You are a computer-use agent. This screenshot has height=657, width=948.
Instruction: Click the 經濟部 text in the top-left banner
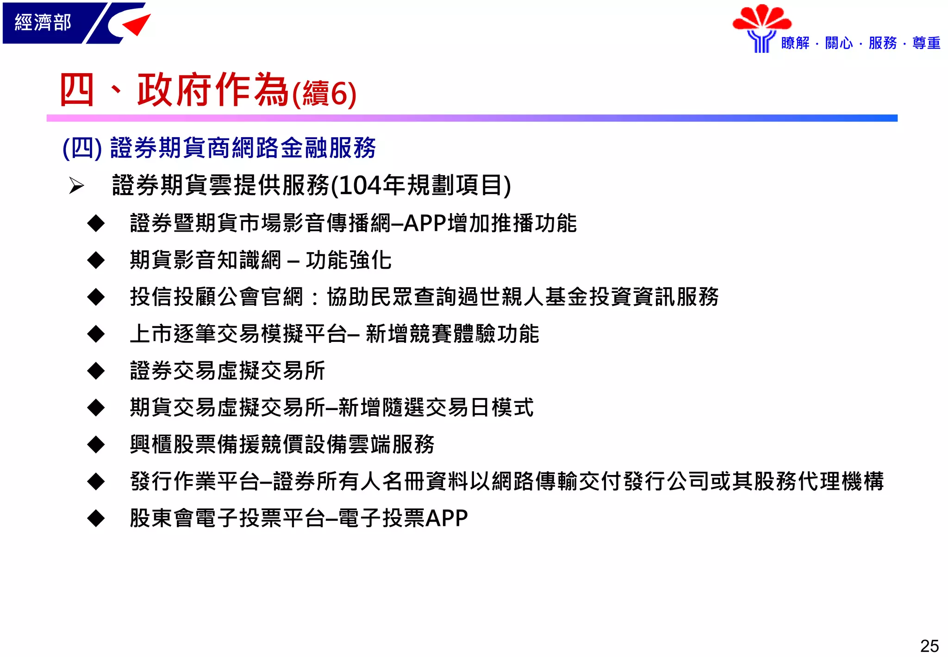click(x=43, y=22)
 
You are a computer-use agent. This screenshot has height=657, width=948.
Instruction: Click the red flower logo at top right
click(x=762, y=19)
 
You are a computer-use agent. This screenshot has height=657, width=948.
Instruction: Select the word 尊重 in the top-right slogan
click(x=926, y=43)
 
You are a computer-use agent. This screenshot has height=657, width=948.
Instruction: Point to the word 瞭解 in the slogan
click(x=795, y=43)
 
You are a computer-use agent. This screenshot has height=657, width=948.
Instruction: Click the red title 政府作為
click(x=213, y=90)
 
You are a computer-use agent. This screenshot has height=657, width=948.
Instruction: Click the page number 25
click(x=929, y=646)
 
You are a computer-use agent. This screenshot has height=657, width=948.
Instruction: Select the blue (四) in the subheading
click(x=82, y=148)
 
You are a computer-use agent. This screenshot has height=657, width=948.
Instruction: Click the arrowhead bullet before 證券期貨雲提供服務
click(x=76, y=186)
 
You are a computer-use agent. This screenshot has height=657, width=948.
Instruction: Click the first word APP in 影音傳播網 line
click(x=425, y=223)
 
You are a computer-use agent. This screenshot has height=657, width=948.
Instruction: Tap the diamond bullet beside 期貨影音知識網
click(x=96, y=260)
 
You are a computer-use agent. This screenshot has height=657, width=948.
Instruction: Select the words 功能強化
click(x=349, y=260)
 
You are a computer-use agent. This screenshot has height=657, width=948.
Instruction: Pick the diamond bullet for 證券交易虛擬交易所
click(x=96, y=371)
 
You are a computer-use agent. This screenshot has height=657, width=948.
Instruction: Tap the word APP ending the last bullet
click(x=447, y=518)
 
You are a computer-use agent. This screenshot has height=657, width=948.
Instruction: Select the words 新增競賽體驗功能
click(x=452, y=334)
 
